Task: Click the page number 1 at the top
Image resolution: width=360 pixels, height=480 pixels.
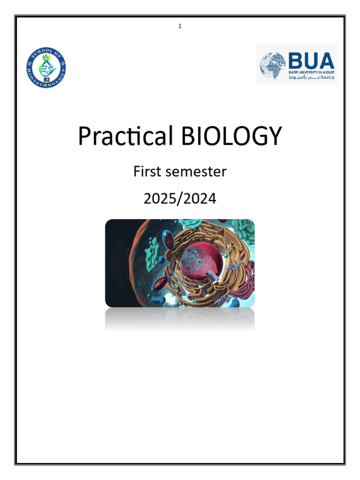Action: coord(180,26)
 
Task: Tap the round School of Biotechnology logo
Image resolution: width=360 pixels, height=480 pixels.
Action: coord(46,68)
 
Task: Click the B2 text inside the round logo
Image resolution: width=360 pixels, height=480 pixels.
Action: coord(46,79)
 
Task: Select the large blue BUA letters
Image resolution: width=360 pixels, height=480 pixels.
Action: coord(311,60)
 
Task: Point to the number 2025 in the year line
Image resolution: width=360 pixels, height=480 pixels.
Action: coord(159,199)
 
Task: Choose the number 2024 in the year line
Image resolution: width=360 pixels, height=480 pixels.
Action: coord(201,199)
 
